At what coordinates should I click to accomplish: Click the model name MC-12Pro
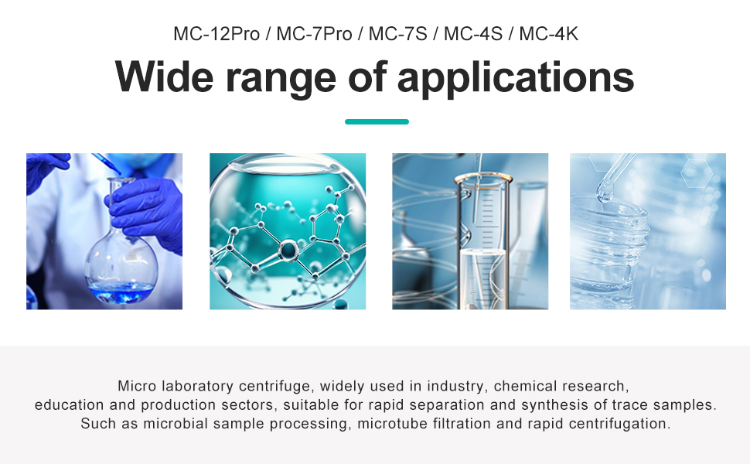coord(216,34)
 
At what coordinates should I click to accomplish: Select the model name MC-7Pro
coord(314,34)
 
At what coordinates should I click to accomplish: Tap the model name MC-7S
coord(398,34)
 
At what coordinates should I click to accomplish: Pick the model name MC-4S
coord(473,34)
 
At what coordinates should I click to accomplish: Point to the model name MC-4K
coord(549,34)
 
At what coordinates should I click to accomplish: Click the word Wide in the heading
coord(164,77)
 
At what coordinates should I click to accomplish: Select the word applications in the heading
coord(516,79)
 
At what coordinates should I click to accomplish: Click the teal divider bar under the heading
coord(377,121)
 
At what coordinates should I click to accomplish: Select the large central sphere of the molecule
coord(288,250)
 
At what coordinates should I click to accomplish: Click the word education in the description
coord(70,404)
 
